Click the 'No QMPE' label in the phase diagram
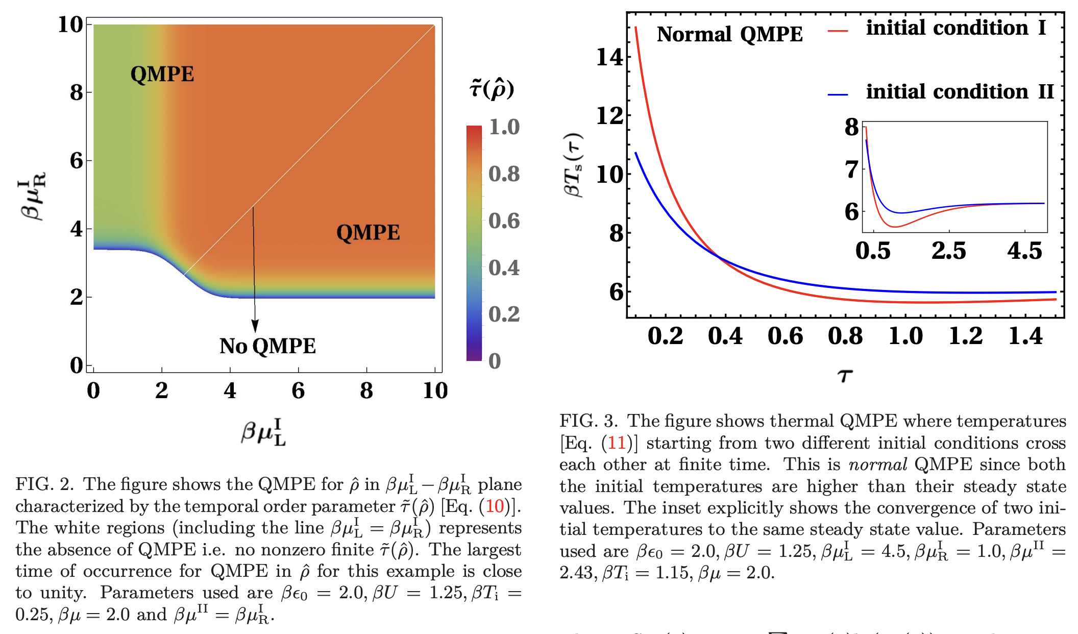267,346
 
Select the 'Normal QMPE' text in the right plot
729,35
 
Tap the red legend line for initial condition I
838,31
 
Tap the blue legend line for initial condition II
838,94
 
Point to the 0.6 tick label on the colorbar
503,221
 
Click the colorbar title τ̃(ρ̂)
491,89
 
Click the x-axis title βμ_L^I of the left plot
264,432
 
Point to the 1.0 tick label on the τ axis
905,336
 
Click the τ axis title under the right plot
845,376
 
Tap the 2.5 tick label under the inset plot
948,251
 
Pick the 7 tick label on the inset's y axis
851,169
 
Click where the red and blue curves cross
719,257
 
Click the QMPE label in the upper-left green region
162,75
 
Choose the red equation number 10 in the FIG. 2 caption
495,506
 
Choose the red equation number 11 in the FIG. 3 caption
617,443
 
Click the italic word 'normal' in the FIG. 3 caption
877,465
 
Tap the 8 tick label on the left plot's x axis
366,391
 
